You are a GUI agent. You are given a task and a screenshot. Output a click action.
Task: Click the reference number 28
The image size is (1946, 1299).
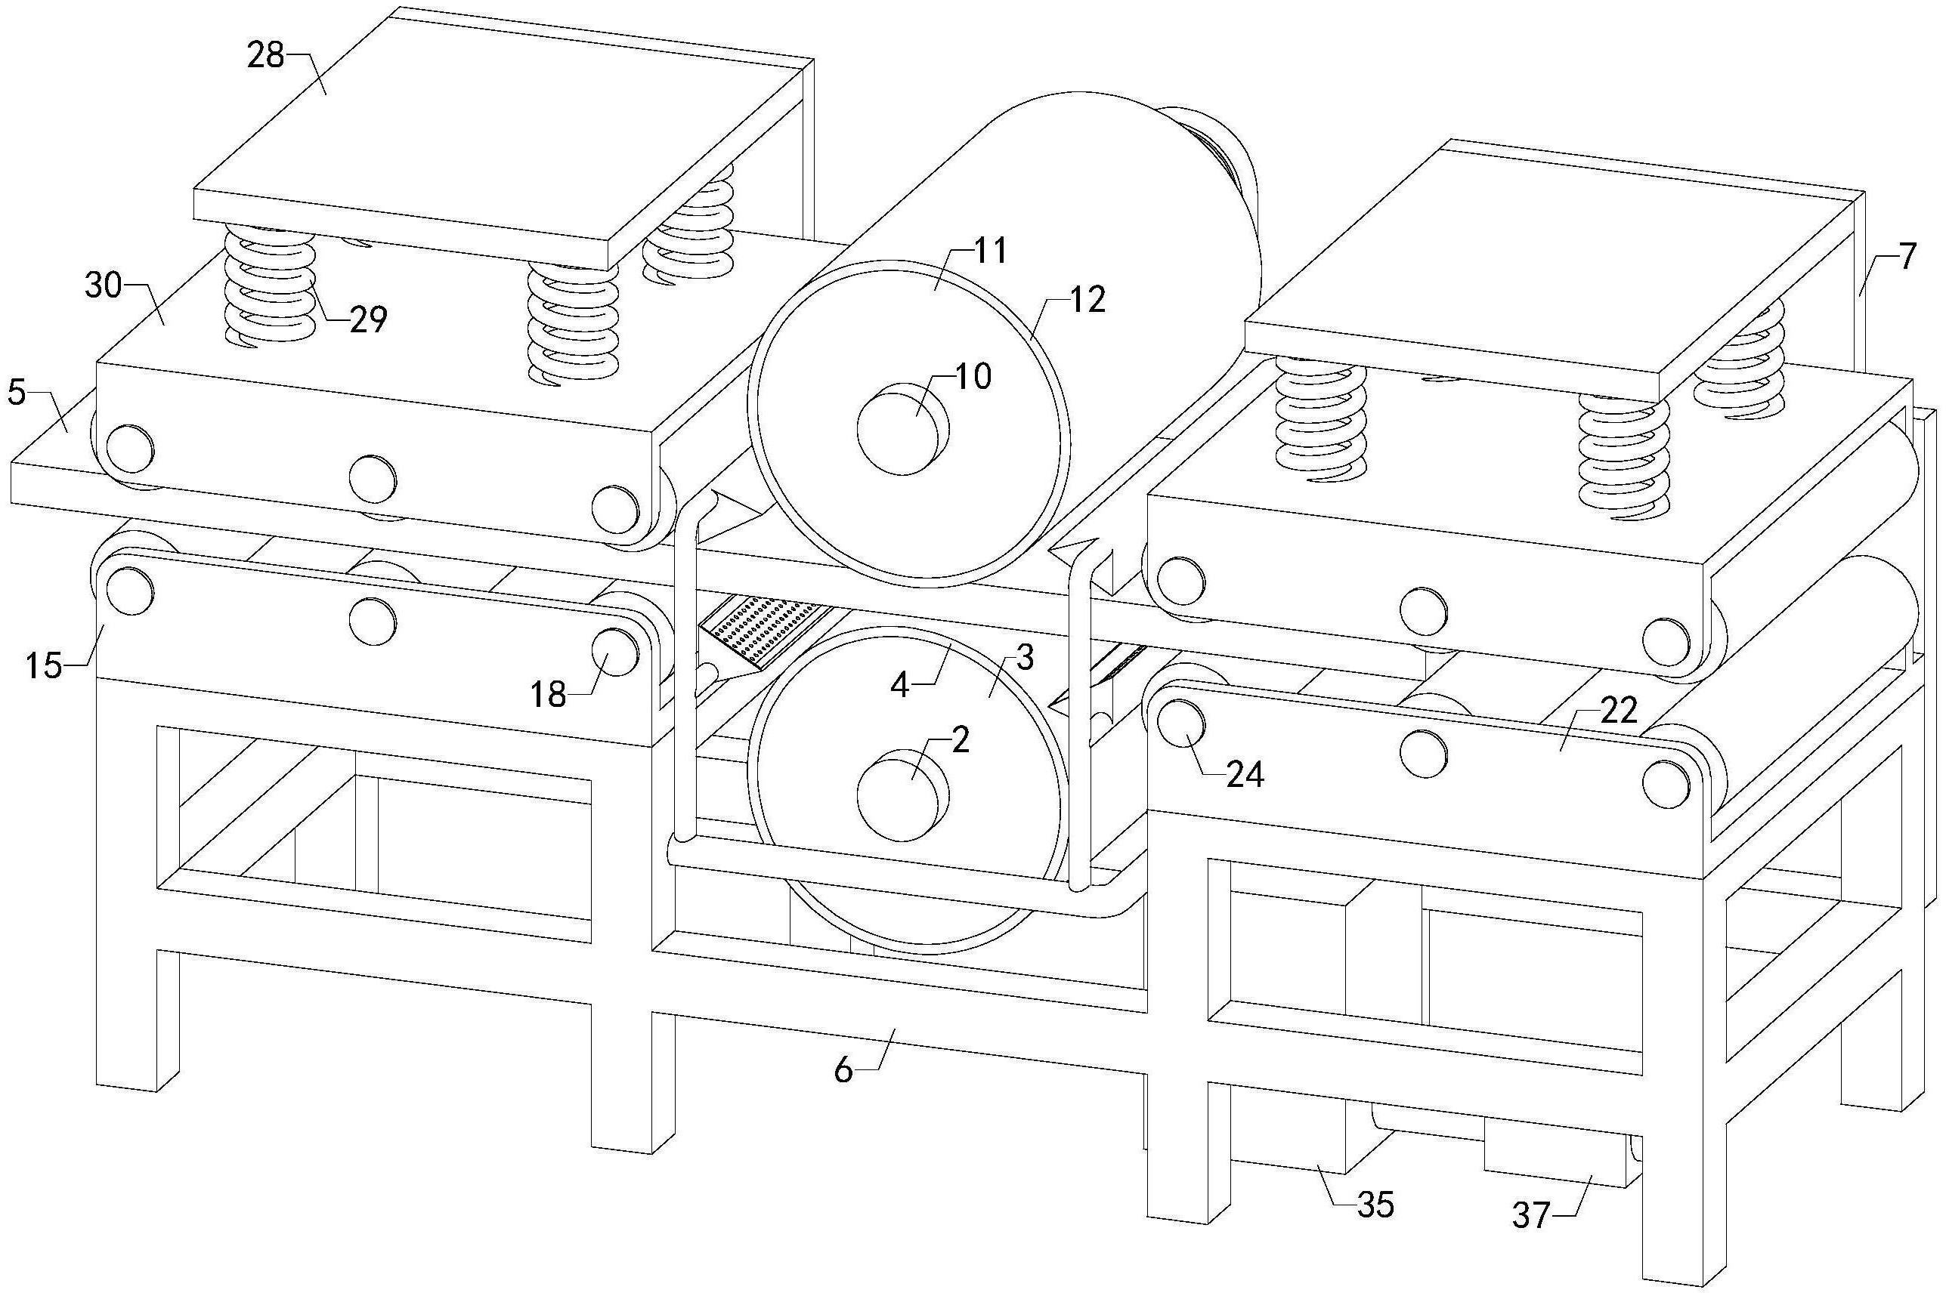(x=265, y=57)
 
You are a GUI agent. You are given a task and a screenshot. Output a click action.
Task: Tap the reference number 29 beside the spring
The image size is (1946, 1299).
(x=368, y=319)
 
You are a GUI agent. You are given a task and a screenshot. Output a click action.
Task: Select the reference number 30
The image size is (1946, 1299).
(x=104, y=287)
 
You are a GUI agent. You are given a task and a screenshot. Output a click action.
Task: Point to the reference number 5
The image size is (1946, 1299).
(x=17, y=392)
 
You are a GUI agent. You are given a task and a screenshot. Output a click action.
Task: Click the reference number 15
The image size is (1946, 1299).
(x=43, y=665)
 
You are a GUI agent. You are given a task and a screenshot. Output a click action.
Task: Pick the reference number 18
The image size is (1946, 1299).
(x=549, y=694)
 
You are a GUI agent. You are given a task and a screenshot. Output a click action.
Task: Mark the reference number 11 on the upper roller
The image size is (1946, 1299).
(x=988, y=249)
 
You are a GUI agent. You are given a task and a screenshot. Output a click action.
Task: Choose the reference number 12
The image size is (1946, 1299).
(x=1087, y=300)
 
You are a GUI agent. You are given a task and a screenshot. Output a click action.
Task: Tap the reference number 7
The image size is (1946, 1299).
(x=1907, y=258)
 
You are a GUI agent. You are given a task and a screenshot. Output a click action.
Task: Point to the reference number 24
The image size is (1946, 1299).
(x=1244, y=775)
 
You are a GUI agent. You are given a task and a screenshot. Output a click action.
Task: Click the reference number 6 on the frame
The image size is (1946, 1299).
(x=843, y=1071)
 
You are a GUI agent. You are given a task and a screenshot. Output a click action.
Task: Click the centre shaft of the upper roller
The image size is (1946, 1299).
(x=902, y=428)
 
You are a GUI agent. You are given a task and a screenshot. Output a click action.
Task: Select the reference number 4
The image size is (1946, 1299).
(x=902, y=684)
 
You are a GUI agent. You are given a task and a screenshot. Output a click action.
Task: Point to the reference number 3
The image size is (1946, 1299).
(x=1024, y=658)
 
